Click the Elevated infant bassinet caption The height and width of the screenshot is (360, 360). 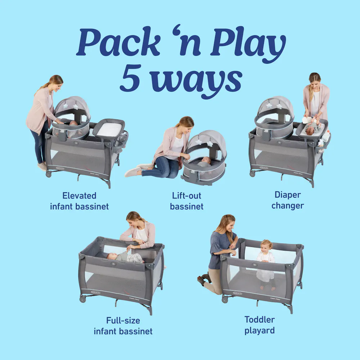point(79,201)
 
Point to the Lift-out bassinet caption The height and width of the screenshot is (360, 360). point(186,201)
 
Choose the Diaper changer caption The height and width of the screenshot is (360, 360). point(288,200)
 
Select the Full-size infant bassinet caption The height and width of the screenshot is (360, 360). point(123,325)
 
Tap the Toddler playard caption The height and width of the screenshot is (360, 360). point(260,325)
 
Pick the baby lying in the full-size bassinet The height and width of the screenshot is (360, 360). point(124,257)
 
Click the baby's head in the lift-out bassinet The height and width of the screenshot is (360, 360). point(206,160)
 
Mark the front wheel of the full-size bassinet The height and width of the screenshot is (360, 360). point(82,299)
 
